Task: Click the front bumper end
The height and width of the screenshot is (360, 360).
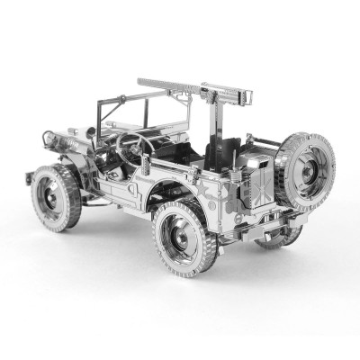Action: click(x=31, y=176)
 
